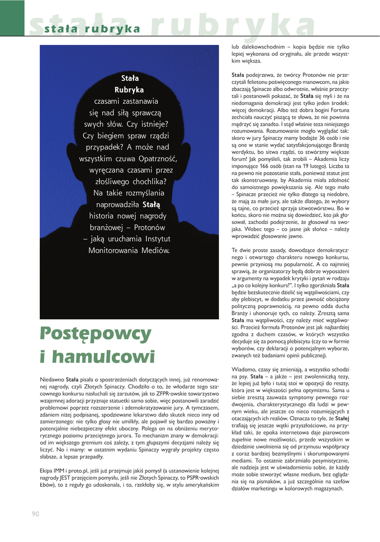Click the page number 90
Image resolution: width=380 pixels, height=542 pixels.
[x=36, y=513]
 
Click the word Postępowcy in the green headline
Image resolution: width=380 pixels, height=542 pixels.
[x=95, y=334]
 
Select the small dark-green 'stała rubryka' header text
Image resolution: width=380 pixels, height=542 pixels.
[x=92, y=29]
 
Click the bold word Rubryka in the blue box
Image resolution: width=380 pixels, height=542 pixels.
[x=129, y=89]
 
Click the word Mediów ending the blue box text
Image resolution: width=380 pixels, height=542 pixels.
[x=154, y=250]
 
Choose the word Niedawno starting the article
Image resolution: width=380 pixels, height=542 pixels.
[x=52, y=380]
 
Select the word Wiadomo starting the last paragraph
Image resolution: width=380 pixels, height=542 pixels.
[x=244, y=368]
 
